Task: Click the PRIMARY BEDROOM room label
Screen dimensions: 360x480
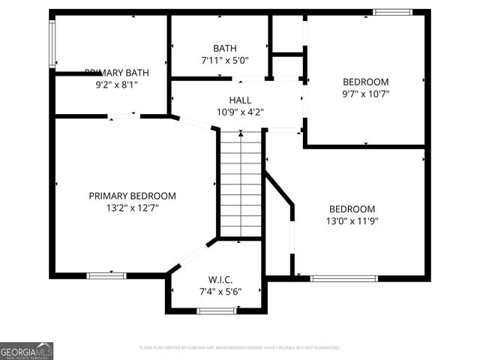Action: click(x=132, y=196)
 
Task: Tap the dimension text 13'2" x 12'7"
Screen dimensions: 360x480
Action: click(x=132, y=208)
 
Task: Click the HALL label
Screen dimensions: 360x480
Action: click(x=240, y=100)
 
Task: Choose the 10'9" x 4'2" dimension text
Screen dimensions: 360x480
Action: click(x=240, y=112)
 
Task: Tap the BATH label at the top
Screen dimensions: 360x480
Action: click(x=224, y=47)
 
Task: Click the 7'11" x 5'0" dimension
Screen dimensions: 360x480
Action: click(x=224, y=59)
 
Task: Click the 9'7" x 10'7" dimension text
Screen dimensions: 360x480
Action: click(x=365, y=94)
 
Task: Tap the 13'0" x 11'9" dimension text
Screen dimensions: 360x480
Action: click(x=352, y=221)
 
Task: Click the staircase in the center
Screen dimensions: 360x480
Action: click(x=240, y=184)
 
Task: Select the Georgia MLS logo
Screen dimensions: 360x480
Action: click(x=26, y=351)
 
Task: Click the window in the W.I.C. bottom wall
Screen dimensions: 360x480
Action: click(x=216, y=310)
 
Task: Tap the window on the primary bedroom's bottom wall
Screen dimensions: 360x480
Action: click(x=106, y=276)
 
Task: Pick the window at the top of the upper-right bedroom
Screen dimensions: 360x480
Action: click(x=392, y=12)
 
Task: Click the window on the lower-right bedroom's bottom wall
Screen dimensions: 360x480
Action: click(x=344, y=278)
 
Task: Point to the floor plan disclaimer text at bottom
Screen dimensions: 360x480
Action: click(x=240, y=348)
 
